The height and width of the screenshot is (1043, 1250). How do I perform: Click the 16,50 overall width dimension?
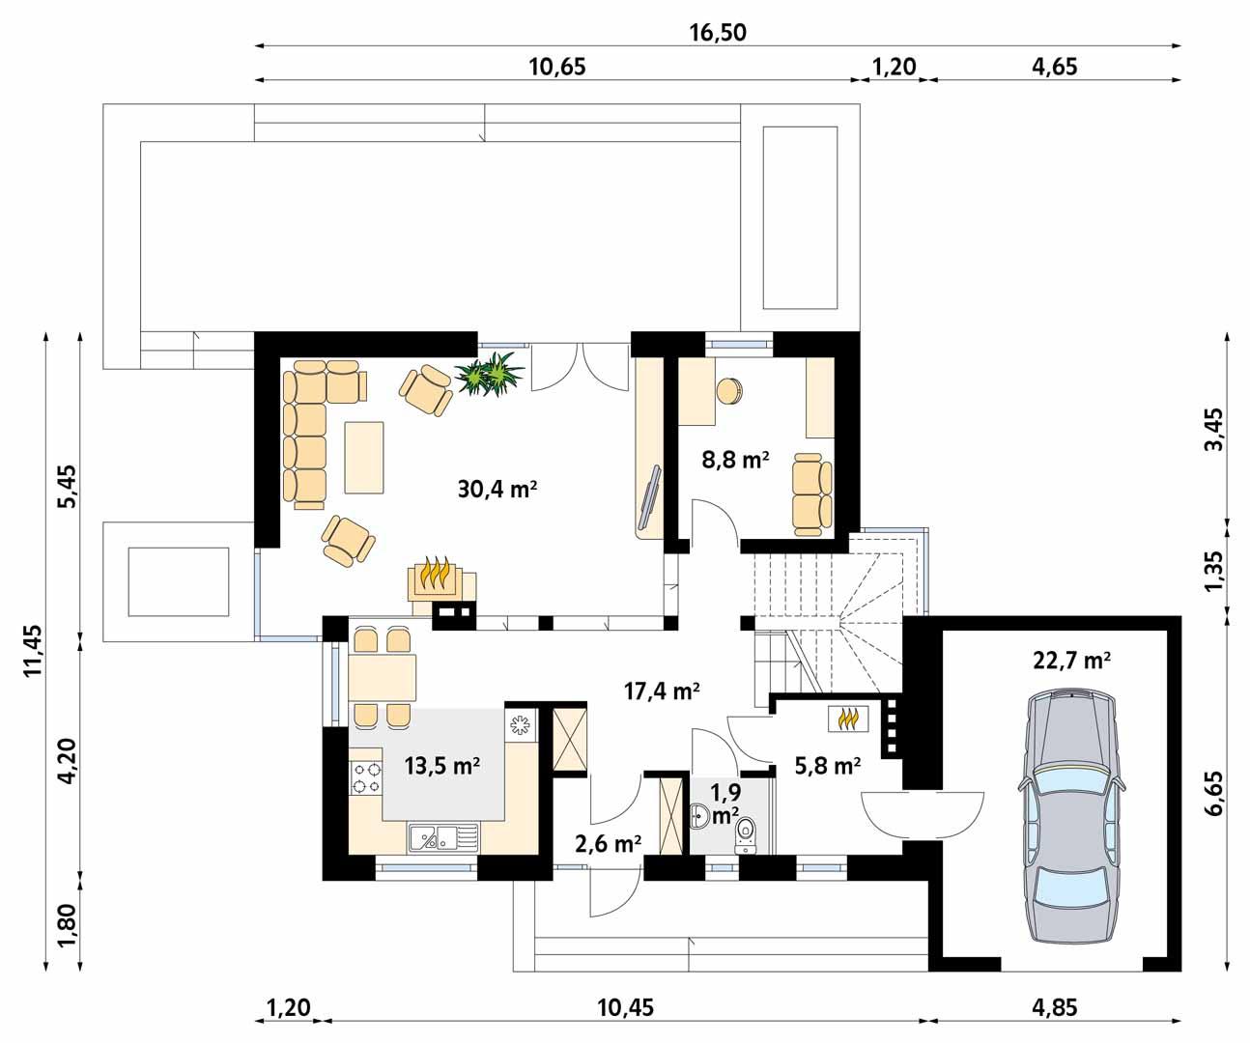click(717, 31)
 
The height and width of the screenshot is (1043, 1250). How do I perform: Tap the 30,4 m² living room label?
click(497, 490)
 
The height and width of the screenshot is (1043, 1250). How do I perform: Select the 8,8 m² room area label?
click(735, 460)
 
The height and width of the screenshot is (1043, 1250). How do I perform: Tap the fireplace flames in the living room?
click(438, 576)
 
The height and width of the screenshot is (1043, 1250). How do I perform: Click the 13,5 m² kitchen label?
click(442, 767)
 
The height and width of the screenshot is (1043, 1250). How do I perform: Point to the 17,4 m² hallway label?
click(661, 691)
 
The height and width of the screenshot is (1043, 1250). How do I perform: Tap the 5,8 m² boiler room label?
click(827, 767)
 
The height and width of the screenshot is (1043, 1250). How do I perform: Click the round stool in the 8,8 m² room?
click(728, 390)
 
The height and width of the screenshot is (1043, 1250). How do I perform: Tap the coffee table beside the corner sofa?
click(364, 457)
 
